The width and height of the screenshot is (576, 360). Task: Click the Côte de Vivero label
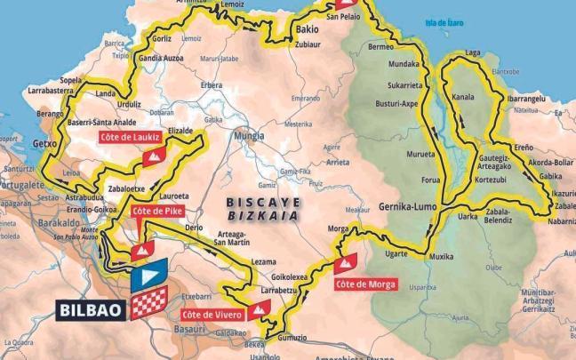click(211, 315)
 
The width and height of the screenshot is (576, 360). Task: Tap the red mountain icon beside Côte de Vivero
click(259, 308)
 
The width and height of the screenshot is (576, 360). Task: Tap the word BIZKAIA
click(260, 215)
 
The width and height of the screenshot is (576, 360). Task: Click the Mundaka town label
click(404, 65)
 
